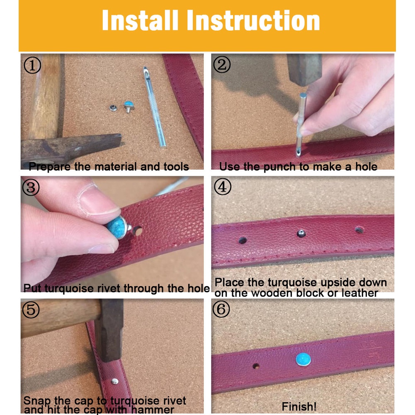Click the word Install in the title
[x=140, y=20]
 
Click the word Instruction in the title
[x=253, y=20]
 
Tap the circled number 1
[x=32, y=66]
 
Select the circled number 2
[x=222, y=64]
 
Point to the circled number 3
[x=31, y=187]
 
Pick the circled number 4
[x=222, y=187]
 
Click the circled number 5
[x=31, y=309]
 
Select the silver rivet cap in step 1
[x=114, y=108]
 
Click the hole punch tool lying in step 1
[x=155, y=107]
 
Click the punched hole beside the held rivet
[x=137, y=231]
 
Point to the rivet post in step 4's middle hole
[x=301, y=233]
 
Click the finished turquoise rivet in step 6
[x=303, y=359]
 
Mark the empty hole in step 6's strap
[x=256, y=366]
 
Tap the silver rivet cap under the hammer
[x=115, y=381]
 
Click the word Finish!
[x=299, y=407]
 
